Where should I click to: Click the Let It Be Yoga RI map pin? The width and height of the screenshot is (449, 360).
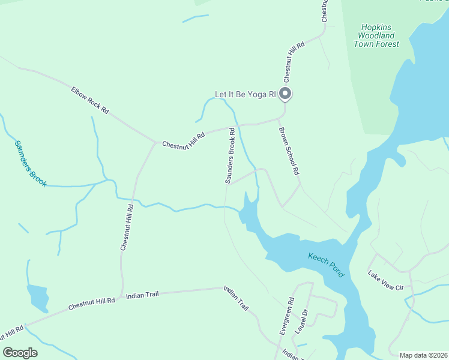click(286, 94)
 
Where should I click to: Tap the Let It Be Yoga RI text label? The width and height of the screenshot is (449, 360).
click(245, 95)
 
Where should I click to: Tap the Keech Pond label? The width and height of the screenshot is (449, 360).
click(326, 265)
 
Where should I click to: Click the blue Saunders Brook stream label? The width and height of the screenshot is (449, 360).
click(30, 163)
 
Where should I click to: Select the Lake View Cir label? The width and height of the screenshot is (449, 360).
click(385, 281)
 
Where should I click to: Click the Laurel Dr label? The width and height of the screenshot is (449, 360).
click(301, 321)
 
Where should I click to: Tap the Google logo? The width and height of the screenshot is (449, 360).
click(20, 353)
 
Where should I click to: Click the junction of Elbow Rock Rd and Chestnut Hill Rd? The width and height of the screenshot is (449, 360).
click(155, 143)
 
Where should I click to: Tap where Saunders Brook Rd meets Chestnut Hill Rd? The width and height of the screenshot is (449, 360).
click(231, 127)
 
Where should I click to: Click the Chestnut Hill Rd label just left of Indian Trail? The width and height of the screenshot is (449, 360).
click(91, 304)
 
